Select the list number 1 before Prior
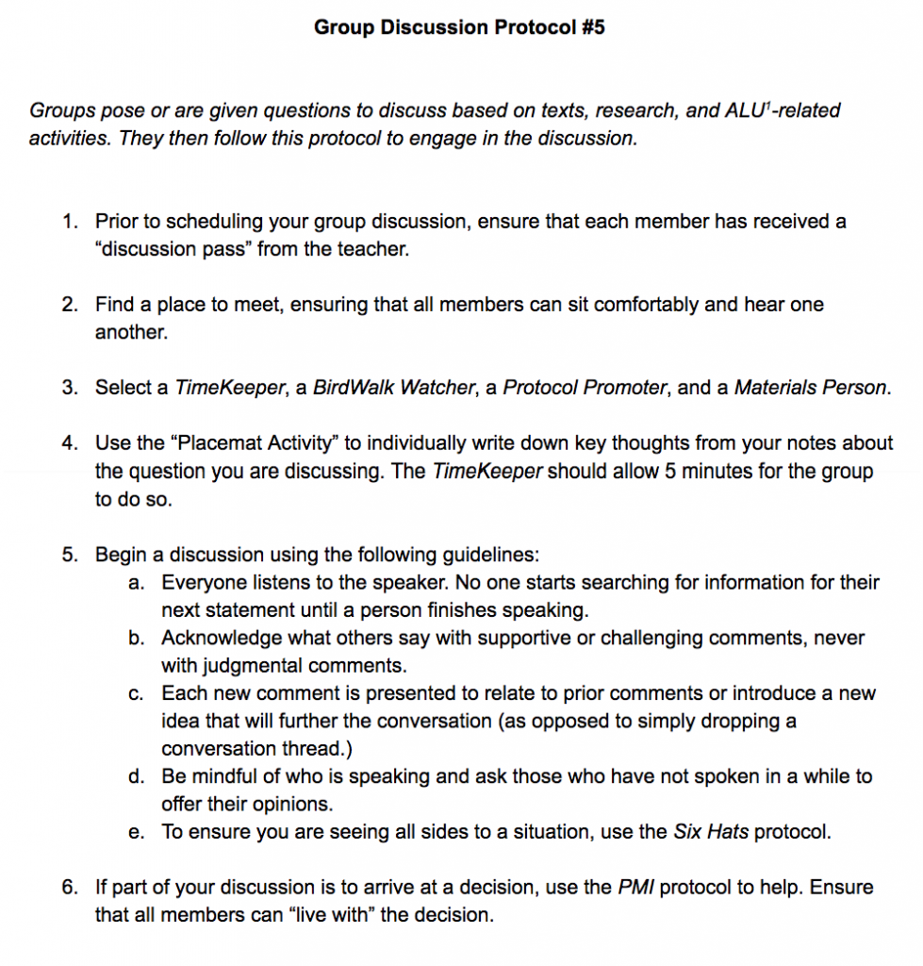click(x=69, y=222)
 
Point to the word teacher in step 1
click(x=377, y=250)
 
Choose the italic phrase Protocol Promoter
click(x=585, y=388)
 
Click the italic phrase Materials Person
click(x=811, y=388)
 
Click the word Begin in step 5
click(x=120, y=555)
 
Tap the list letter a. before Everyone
click(x=136, y=583)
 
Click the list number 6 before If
click(x=69, y=888)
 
